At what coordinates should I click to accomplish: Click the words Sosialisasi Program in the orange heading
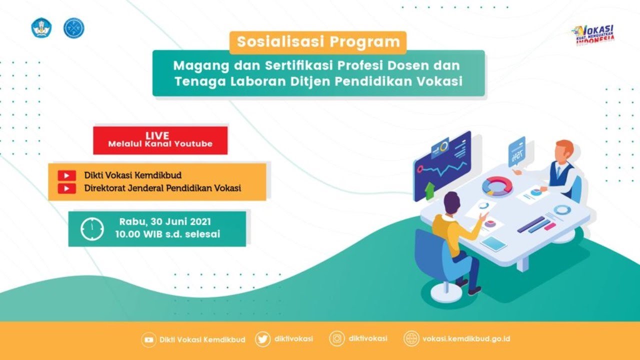coord(318,42)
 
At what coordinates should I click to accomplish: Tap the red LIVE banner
coord(160,140)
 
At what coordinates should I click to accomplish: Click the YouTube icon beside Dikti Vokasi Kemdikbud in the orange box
coord(66,175)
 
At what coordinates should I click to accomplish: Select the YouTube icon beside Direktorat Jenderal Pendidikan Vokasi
coord(66,188)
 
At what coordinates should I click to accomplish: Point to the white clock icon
coord(92,229)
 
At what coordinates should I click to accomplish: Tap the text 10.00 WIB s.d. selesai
coord(167,234)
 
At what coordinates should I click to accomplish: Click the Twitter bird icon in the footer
coord(262,339)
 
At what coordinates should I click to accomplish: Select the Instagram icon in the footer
coord(337,339)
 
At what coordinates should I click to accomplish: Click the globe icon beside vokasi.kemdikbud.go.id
coord(411,339)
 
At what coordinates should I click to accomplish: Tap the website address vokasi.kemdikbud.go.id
coord(466,339)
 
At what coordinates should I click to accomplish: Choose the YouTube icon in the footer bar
coord(148,339)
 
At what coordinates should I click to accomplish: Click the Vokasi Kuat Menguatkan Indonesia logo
coord(594,35)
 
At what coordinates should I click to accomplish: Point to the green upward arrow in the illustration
coord(429,190)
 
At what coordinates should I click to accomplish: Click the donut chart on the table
coord(497,186)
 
